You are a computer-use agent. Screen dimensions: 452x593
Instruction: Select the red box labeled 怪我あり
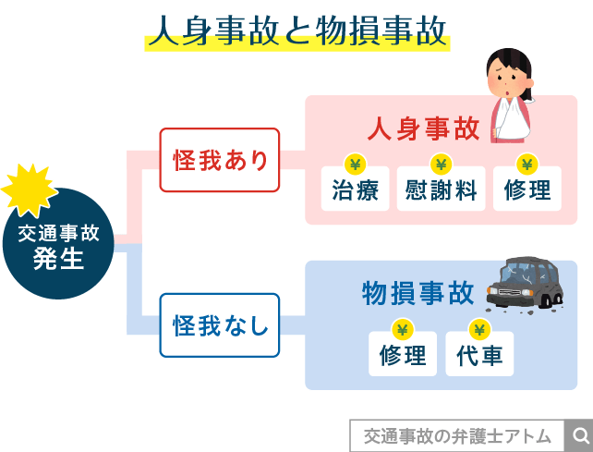click(219, 160)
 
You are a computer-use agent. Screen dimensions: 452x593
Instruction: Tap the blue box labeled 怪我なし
click(219, 325)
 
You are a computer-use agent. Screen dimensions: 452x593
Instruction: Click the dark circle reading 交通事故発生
click(57, 245)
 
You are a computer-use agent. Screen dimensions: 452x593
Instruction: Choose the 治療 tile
click(355, 189)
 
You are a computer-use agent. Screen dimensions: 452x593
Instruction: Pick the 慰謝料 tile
click(441, 189)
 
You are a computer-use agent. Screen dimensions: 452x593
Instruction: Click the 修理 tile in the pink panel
click(527, 189)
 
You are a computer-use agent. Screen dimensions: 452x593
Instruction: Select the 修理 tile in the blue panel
click(403, 354)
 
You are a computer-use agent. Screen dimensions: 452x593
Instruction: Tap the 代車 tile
click(479, 354)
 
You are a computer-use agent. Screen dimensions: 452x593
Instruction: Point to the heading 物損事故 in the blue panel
click(418, 293)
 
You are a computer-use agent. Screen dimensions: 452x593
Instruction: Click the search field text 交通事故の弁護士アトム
click(457, 435)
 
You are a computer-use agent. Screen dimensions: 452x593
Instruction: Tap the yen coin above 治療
click(355, 164)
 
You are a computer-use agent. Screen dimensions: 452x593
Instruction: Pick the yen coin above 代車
click(478, 328)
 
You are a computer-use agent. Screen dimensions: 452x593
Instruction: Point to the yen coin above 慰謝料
click(441, 164)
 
